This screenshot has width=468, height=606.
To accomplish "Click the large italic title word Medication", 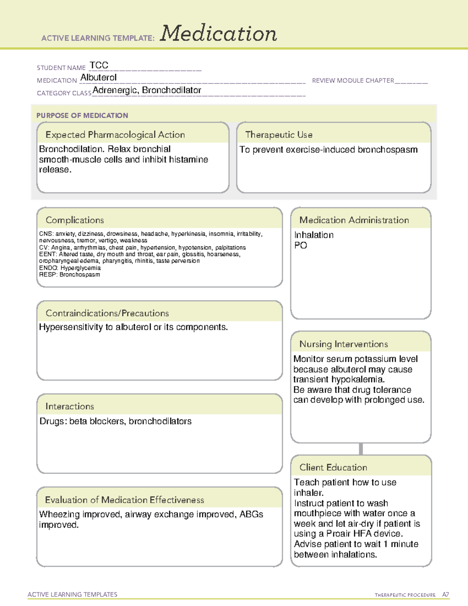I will point(218,34).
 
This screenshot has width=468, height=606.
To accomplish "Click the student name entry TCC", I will point(99,65).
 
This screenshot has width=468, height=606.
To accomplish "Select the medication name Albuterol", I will point(98,78).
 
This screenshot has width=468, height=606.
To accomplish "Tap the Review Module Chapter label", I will point(353,80).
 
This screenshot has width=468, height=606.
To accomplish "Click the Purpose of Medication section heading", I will point(82,116).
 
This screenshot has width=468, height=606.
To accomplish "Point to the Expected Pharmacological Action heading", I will point(115,135).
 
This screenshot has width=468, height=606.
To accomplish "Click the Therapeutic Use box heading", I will point(279,135).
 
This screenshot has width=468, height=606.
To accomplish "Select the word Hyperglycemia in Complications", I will point(80,268).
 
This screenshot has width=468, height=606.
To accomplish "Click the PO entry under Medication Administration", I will point(301,245).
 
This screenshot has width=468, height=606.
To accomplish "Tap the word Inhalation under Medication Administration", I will point(314,235).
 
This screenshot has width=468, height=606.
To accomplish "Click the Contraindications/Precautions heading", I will point(107,313).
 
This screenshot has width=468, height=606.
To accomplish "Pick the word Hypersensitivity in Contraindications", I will point(71,327).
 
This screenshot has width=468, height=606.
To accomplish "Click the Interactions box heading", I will point(70,407).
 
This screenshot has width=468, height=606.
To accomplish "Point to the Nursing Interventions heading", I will point(344,344).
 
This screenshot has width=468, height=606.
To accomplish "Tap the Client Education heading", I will point(333,467).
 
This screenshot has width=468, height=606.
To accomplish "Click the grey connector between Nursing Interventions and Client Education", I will point(361,449).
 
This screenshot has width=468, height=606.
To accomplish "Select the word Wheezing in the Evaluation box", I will point(60,514).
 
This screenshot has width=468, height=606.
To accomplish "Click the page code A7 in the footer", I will point(445,595).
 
